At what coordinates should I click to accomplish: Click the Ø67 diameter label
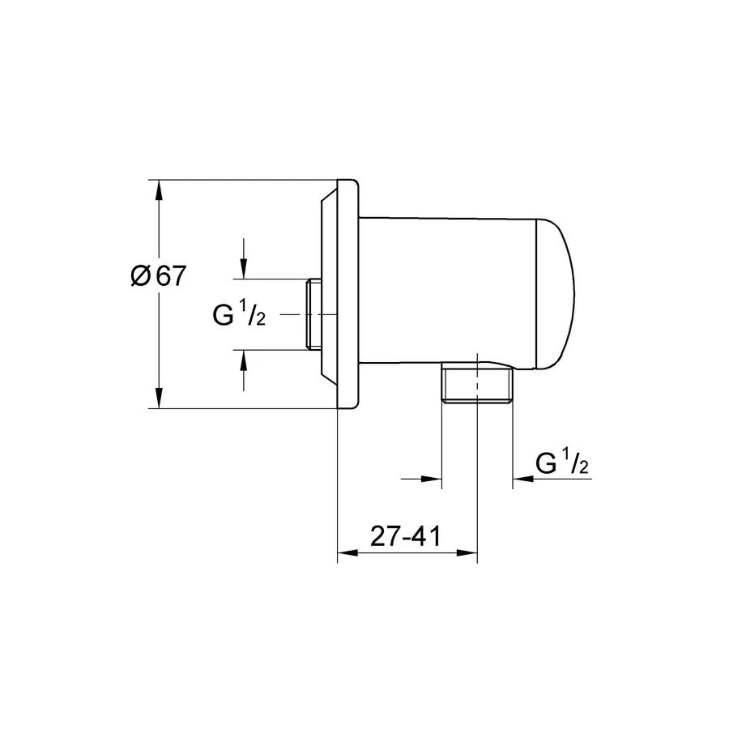pyautogui.click(x=159, y=276)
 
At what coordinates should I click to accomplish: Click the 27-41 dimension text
pyautogui.click(x=404, y=536)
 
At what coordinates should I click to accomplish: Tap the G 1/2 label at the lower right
pyautogui.click(x=562, y=463)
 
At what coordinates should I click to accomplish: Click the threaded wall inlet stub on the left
pyautogui.click(x=313, y=314)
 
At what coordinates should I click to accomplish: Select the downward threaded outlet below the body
pyautogui.click(x=475, y=385)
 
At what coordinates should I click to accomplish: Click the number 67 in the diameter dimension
pyautogui.click(x=170, y=276)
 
